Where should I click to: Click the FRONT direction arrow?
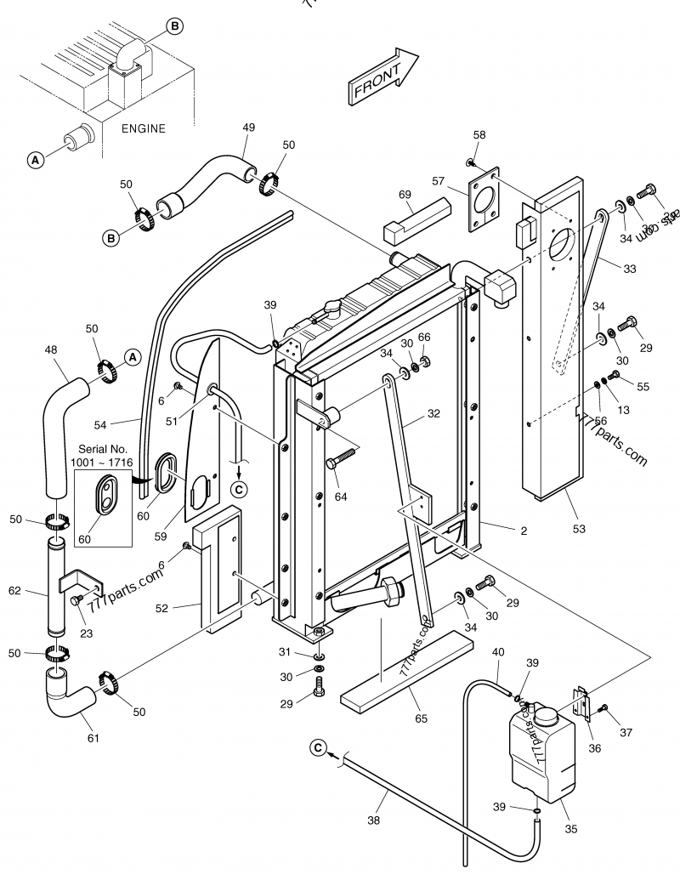pos(382,78)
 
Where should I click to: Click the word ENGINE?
pos(143,129)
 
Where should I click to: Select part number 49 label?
pos(248,128)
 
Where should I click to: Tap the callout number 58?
pos(479,135)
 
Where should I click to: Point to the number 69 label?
pos(405,195)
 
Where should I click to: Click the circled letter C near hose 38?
pos(318,747)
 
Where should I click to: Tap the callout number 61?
pos(93,737)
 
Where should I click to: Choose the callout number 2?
pos(524,531)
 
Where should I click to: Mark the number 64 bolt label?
pos(341,497)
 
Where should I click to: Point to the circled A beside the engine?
pos(36,159)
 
